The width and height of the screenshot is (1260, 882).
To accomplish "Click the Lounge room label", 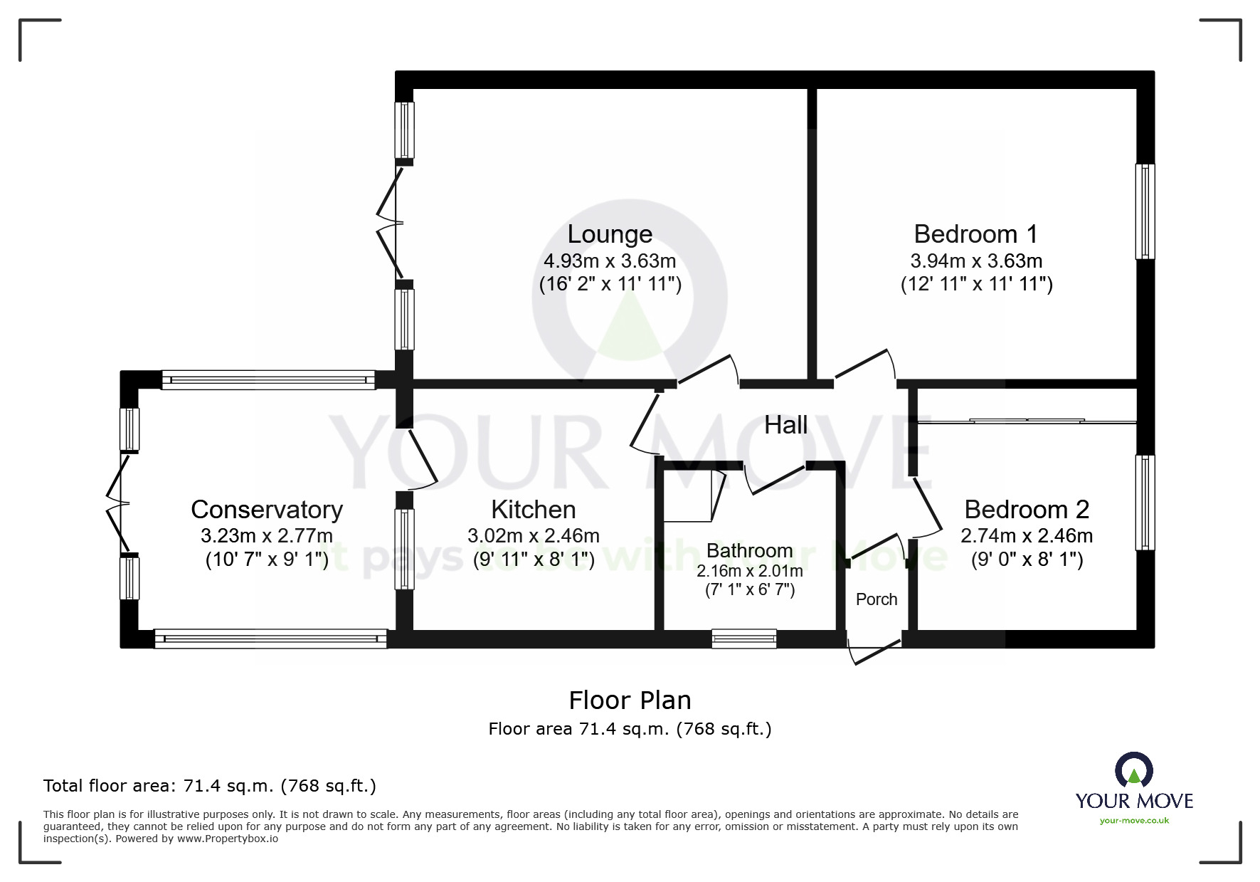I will [610, 234].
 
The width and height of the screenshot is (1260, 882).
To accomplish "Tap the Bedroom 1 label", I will [975, 234].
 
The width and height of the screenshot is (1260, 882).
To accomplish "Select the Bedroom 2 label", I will [1027, 510].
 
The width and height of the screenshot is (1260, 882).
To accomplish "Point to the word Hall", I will [785, 425].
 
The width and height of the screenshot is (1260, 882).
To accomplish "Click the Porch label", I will [877, 599].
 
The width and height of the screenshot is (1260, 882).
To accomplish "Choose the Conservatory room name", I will [267, 510].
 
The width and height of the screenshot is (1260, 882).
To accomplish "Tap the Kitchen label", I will [534, 510].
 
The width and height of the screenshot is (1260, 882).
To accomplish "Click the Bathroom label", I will [749, 550].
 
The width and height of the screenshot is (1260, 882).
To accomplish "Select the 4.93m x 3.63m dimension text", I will [610, 261].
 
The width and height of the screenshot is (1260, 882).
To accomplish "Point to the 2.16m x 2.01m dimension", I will [750, 571].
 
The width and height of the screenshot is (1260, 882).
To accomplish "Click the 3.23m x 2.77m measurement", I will [267, 535].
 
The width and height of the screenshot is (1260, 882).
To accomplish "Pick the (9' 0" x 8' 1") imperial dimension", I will [1027, 560].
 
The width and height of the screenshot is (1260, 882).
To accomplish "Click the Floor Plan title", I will [630, 700].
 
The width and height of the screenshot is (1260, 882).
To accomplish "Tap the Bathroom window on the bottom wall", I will [744, 639].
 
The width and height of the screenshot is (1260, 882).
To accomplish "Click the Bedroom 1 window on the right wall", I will [1145, 211].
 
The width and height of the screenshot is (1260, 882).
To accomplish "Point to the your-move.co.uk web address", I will [1134, 821].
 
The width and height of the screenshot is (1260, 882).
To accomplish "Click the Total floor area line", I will [210, 786].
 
